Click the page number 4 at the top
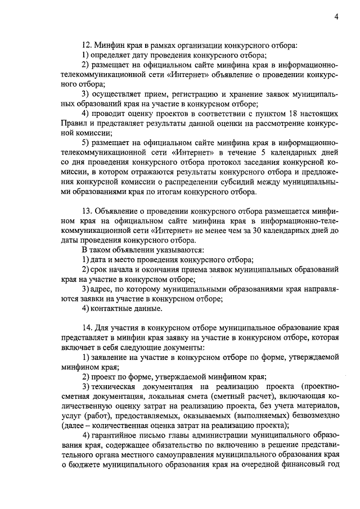coord(336,16)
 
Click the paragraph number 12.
coord(87,44)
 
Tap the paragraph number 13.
coord(87,210)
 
